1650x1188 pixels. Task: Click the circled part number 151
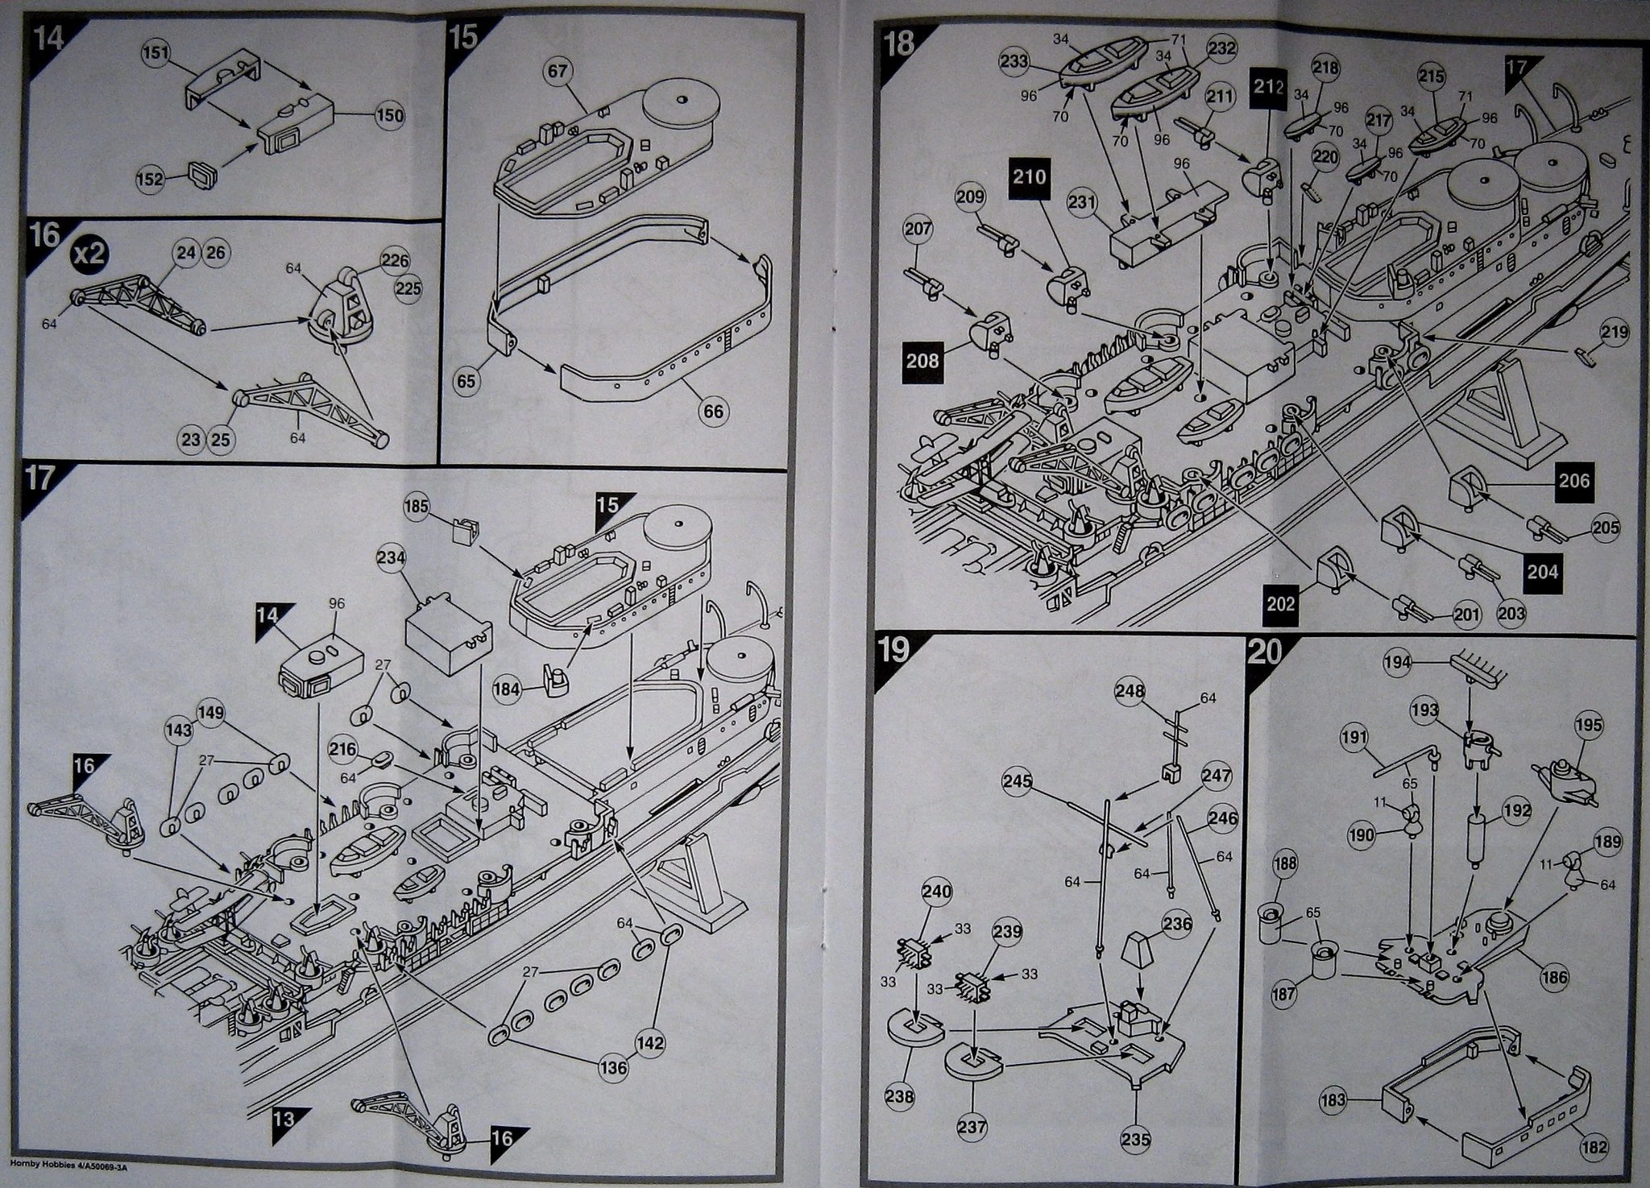pyautogui.click(x=156, y=53)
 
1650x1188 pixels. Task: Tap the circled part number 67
pyautogui.click(x=557, y=72)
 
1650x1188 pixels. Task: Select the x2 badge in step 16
pyautogui.click(x=89, y=253)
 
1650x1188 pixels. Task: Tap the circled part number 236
pyautogui.click(x=1177, y=924)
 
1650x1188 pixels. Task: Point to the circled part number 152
pyautogui.click(x=149, y=179)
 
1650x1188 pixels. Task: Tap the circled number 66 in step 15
pyautogui.click(x=713, y=412)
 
